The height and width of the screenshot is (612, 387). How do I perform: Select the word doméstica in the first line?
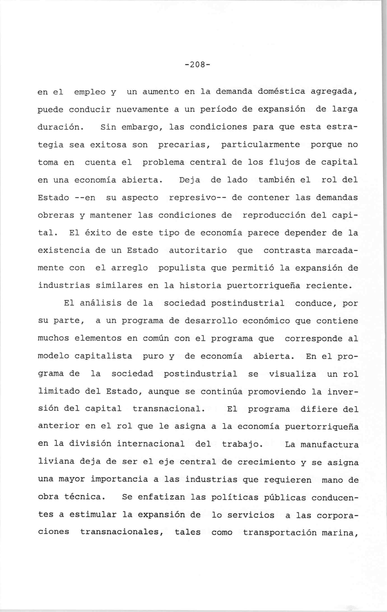click(x=281, y=91)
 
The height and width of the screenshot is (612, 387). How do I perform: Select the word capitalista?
click(x=103, y=356)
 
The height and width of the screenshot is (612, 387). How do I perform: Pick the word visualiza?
click(x=292, y=374)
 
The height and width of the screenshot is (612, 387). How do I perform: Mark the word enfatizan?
click(x=161, y=497)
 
